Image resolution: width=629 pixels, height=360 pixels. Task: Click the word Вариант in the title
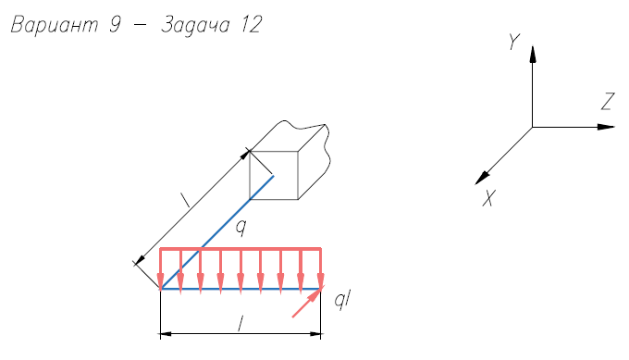55,25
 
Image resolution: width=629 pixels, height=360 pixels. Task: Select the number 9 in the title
115,25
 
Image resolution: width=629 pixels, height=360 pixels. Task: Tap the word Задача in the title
195,26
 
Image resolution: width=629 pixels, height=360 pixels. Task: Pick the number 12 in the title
252,25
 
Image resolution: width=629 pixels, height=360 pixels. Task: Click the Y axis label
514,42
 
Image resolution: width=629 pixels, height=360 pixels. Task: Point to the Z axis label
608,102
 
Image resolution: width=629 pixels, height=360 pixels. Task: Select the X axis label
489,198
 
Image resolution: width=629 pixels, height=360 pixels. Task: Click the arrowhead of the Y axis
532,55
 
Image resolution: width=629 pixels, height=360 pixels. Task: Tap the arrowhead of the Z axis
606,127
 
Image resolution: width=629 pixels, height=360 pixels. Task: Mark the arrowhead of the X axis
482,178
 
